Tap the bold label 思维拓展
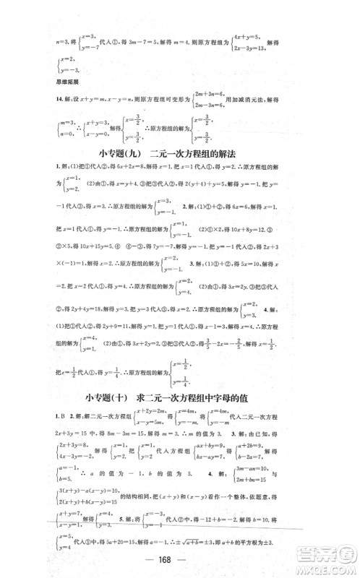point(59,88)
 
